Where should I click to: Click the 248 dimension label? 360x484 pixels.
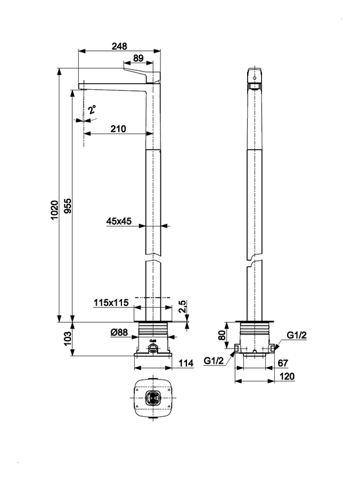(x=119, y=46)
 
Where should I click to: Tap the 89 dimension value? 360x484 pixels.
(x=139, y=58)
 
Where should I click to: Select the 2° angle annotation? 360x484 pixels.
(x=92, y=110)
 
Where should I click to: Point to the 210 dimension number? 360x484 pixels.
(x=119, y=128)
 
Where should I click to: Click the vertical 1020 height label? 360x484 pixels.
(x=55, y=210)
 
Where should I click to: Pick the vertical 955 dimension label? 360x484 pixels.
(x=68, y=206)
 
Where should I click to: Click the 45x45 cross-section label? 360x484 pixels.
(x=119, y=221)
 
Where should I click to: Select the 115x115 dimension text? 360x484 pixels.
(x=111, y=303)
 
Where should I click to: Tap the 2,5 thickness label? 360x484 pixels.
(x=183, y=307)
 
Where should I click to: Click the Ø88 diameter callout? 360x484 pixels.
(x=119, y=332)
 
